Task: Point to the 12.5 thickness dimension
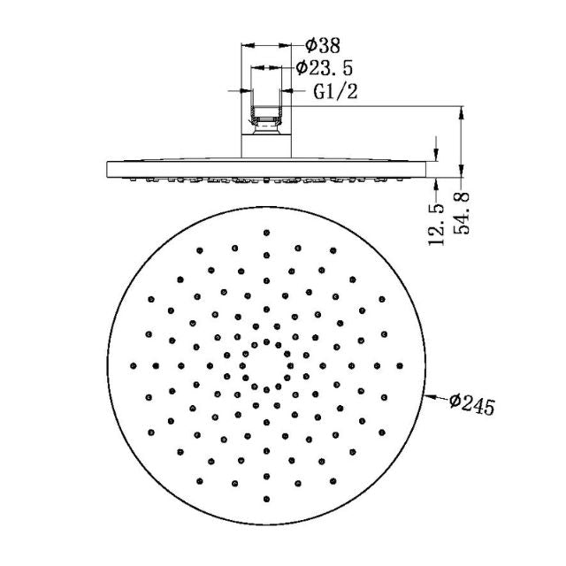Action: [x=436, y=225]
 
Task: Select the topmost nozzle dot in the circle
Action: [x=266, y=232]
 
